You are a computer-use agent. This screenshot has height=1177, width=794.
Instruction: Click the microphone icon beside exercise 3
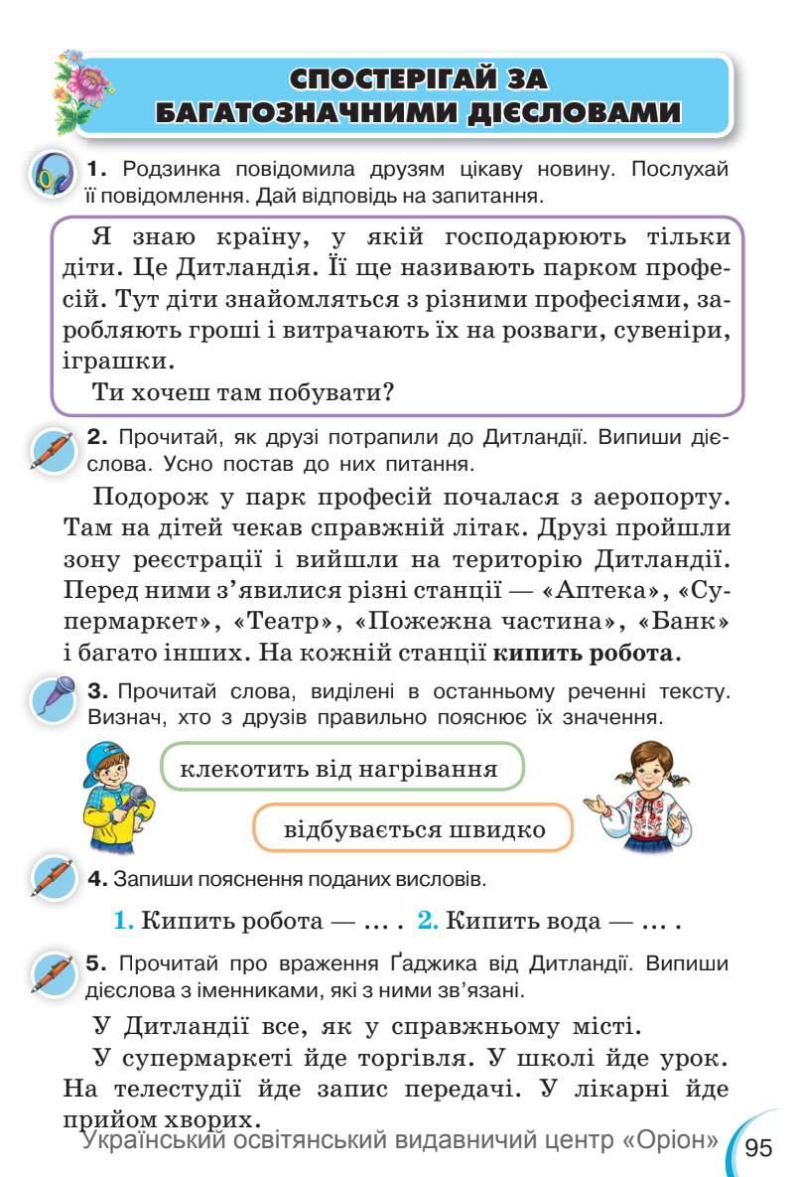click(x=52, y=696)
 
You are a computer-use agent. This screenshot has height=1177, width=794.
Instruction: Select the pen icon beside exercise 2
click(x=52, y=451)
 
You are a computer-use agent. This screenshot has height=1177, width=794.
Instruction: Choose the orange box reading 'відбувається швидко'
click(x=414, y=829)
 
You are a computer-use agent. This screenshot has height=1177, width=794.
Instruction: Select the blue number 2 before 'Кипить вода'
click(x=427, y=920)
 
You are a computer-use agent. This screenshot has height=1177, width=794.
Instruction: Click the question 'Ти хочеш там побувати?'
click(x=243, y=391)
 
